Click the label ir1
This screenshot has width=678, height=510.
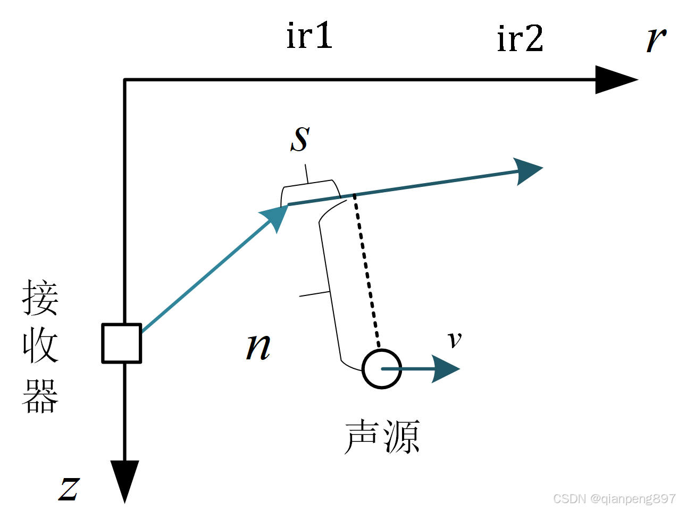(309, 36)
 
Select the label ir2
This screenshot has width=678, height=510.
(520, 38)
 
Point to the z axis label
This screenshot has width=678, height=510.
(69, 488)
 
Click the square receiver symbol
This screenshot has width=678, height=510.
(122, 343)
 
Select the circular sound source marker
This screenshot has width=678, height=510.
(381, 369)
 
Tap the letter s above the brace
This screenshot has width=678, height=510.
(300, 139)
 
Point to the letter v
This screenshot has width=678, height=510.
(454, 339)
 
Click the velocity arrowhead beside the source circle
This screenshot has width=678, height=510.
(446, 368)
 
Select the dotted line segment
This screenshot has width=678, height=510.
(366, 272)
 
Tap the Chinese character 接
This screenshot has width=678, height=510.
(40, 298)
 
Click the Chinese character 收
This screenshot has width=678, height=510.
(40, 346)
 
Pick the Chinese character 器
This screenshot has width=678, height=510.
(40, 395)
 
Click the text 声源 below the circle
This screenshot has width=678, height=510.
(382, 437)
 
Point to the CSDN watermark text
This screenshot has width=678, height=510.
(614, 499)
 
